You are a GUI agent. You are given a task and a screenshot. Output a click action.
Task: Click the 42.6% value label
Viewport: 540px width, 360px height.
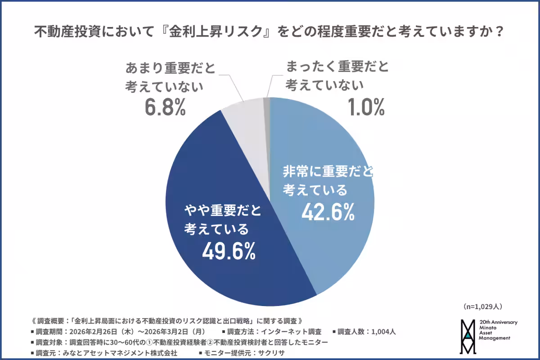328,212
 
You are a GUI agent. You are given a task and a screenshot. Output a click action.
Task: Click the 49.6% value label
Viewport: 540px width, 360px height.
229,252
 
